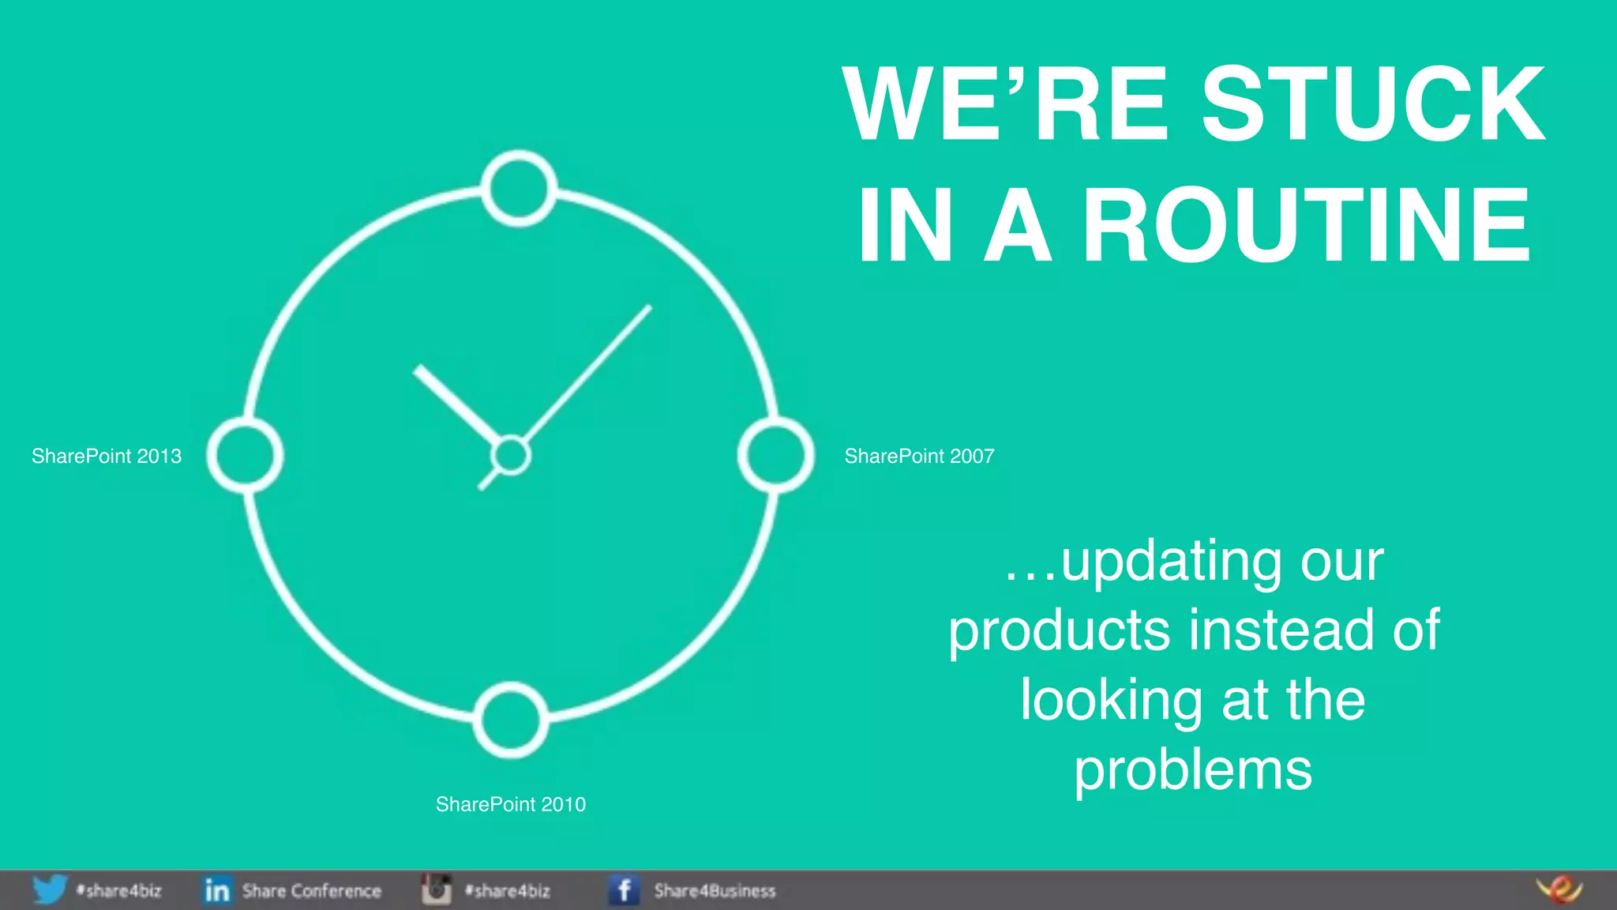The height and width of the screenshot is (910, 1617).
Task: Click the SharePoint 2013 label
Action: click(107, 456)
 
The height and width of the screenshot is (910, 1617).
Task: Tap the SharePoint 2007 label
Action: click(919, 456)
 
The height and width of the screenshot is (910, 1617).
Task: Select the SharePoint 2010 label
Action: click(511, 804)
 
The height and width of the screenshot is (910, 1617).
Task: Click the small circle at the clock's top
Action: click(519, 189)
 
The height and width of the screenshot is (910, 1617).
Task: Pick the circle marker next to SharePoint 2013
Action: click(245, 455)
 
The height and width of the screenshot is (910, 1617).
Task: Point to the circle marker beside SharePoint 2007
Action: click(775, 455)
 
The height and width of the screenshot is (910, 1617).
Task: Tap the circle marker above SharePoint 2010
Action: click(511, 720)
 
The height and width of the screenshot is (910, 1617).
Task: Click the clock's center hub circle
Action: click(510, 455)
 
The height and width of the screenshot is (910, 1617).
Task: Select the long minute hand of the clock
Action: click(588, 371)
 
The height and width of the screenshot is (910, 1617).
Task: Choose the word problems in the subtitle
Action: click(1192, 770)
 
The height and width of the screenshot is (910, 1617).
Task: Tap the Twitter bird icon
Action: click(49, 890)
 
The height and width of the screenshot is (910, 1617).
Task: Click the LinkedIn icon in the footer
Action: click(216, 890)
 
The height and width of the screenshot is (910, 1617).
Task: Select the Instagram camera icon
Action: click(436, 889)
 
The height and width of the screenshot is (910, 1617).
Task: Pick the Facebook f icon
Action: click(624, 890)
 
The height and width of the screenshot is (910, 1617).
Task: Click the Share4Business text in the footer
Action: click(715, 891)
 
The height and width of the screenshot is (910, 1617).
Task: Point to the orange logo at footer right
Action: click(1559, 889)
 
